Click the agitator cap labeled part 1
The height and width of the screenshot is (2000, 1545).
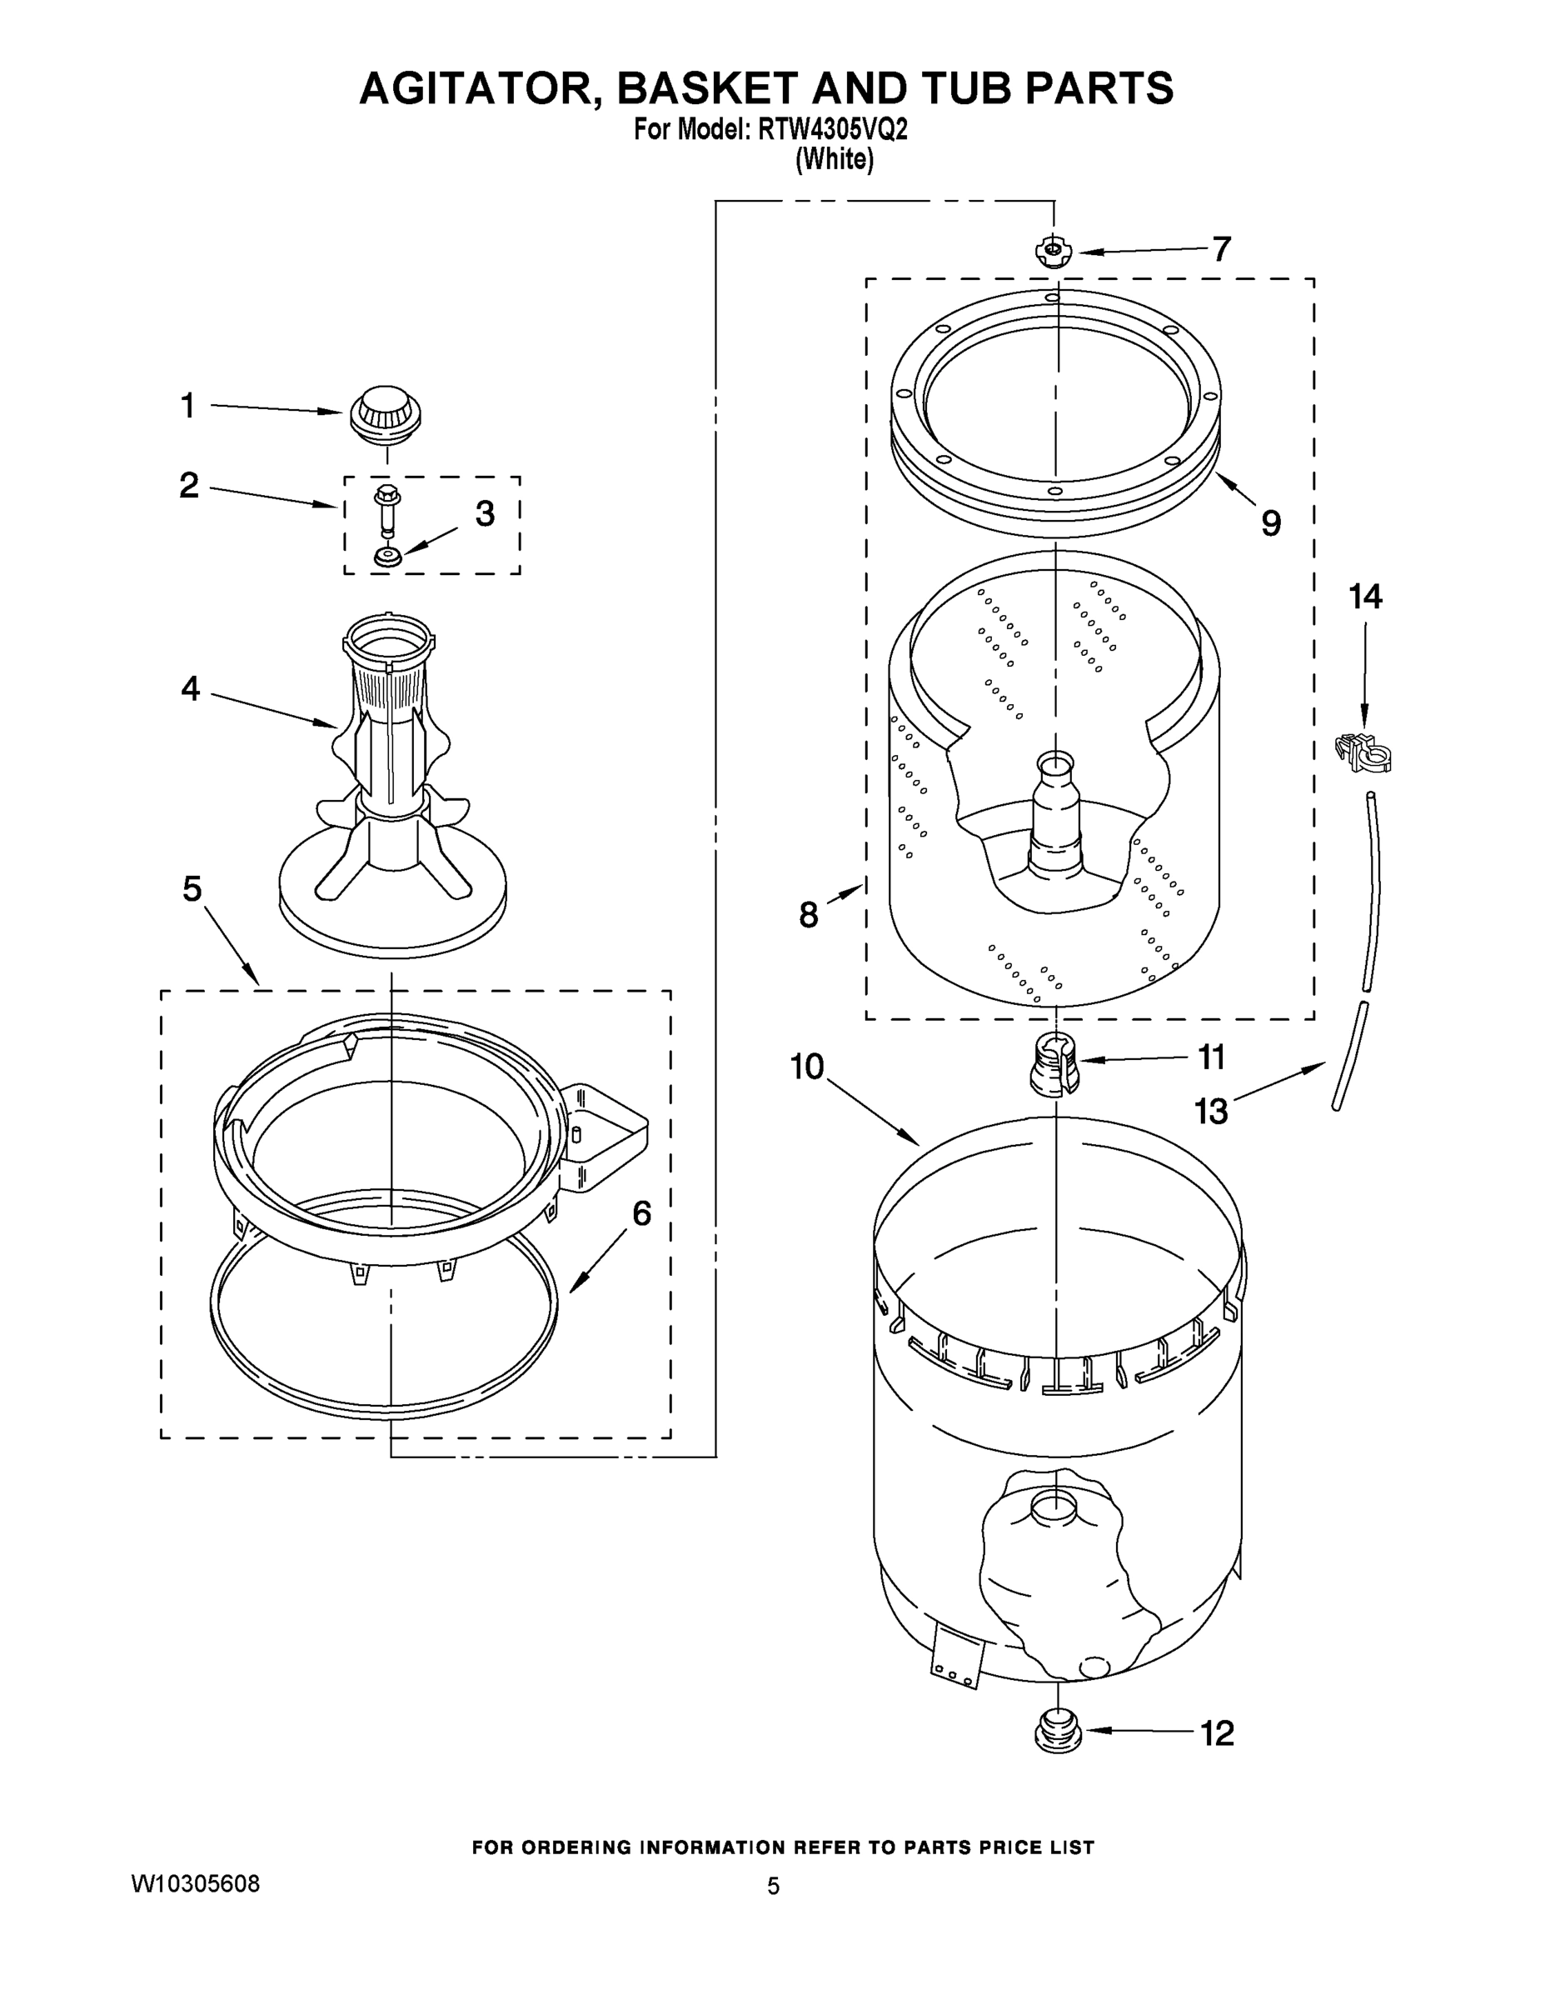coord(386,415)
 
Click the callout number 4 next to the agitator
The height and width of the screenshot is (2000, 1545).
coord(189,688)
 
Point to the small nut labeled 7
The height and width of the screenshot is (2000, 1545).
coord(1053,251)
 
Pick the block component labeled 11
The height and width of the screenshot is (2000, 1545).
coord(1054,1064)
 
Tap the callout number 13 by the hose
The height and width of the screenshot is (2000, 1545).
coord(1210,1112)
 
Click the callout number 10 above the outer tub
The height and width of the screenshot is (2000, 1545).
coord(807,1066)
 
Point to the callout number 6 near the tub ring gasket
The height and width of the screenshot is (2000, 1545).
coord(641,1214)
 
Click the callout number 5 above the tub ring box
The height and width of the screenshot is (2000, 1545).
coord(192,888)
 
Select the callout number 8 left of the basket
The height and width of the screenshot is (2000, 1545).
coord(808,914)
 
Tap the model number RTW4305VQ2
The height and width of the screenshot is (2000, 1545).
coord(832,130)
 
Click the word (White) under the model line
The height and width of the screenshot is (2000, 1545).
coord(834,159)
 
